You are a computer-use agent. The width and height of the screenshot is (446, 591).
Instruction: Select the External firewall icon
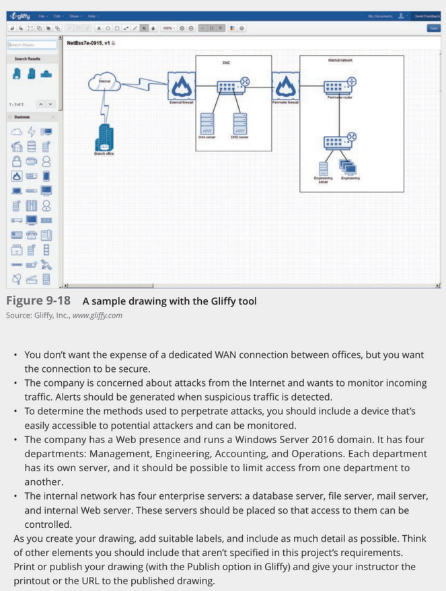(180, 85)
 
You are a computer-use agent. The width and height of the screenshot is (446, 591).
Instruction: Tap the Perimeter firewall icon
(285, 85)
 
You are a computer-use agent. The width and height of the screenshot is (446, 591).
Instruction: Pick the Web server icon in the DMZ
(207, 123)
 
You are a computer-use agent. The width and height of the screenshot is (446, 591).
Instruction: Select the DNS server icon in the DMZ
(239, 123)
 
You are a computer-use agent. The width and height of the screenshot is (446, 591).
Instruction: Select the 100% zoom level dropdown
(168, 28)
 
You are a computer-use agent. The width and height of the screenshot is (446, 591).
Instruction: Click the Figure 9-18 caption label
(38, 301)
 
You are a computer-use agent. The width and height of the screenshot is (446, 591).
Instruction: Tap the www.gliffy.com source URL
(97, 315)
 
